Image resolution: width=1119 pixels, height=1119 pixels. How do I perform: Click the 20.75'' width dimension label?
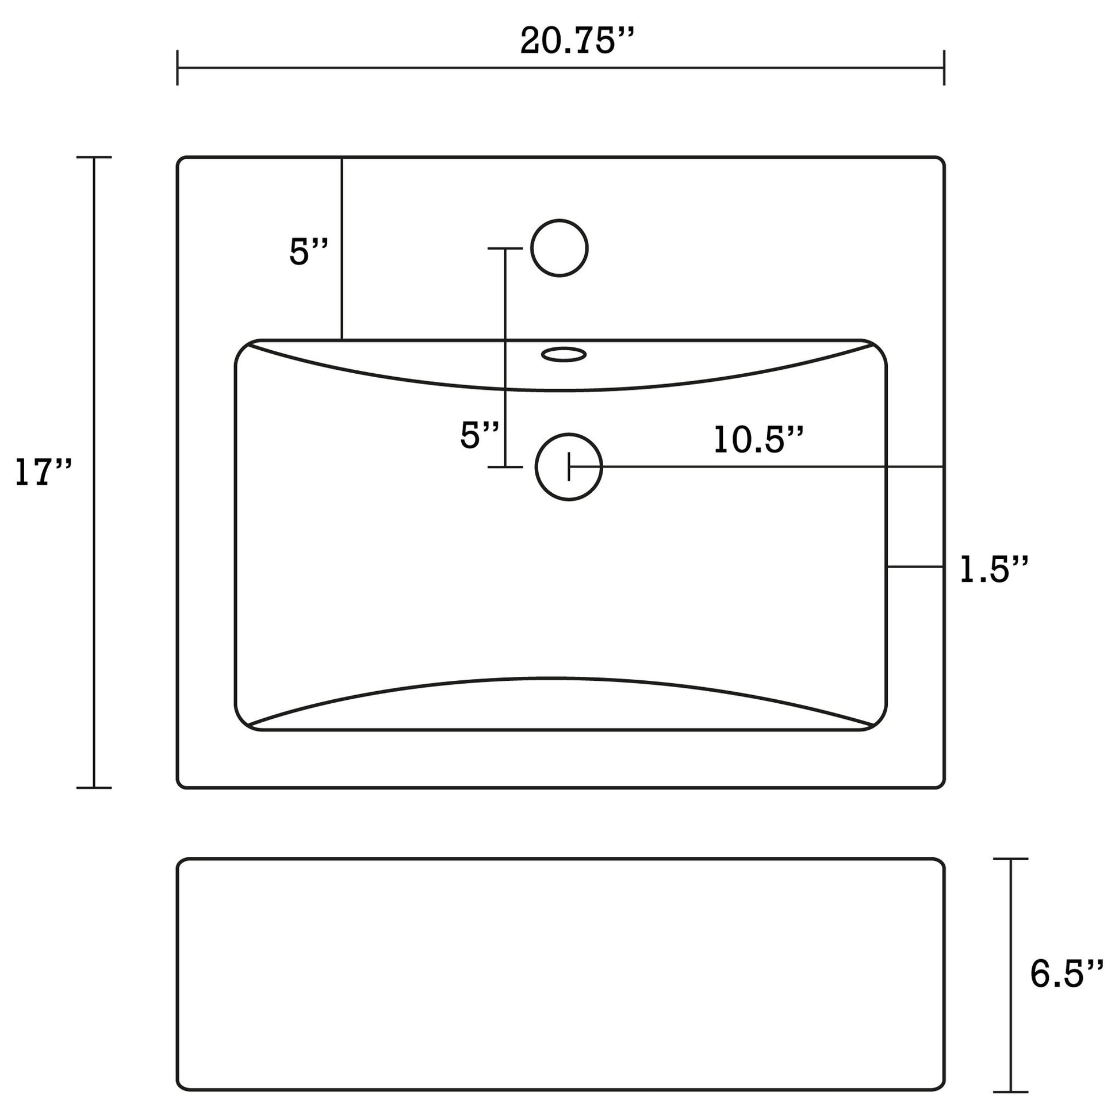pos(576,42)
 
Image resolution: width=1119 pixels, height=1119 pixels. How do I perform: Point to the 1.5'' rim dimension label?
pos(994,569)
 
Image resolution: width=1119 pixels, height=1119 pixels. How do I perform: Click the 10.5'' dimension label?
pos(758,439)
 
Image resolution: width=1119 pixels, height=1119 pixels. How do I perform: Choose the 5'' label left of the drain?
pos(479,435)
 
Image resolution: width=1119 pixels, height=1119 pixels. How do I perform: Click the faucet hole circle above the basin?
pos(559,248)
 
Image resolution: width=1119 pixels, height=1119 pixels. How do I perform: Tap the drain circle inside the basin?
pos(569,467)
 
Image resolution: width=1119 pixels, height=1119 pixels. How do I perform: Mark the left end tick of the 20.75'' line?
pos(177,68)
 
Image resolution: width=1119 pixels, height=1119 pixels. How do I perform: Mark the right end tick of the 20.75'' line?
pos(944,68)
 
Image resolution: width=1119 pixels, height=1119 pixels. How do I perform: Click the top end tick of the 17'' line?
pos(94,157)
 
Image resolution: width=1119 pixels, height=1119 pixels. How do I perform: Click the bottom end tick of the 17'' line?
pos(94,788)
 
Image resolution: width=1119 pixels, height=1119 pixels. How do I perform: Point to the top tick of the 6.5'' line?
pos(1011,859)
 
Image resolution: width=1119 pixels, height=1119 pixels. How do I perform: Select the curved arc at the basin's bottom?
pos(556,677)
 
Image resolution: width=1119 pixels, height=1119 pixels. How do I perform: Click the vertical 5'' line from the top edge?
pos(342,249)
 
